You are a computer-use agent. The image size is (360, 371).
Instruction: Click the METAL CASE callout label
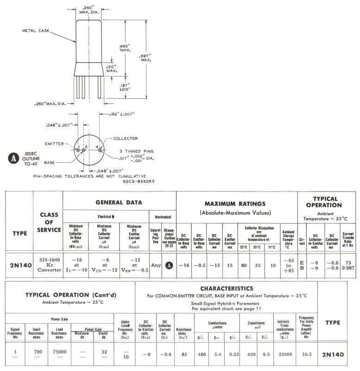pyautogui.click(x=37, y=31)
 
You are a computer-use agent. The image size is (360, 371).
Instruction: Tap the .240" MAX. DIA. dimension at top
pyautogui.click(x=89, y=9)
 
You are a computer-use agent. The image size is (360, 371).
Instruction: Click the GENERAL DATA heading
pyautogui.click(x=119, y=202)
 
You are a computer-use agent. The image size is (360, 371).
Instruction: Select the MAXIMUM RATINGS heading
pyautogui.click(x=236, y=204)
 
